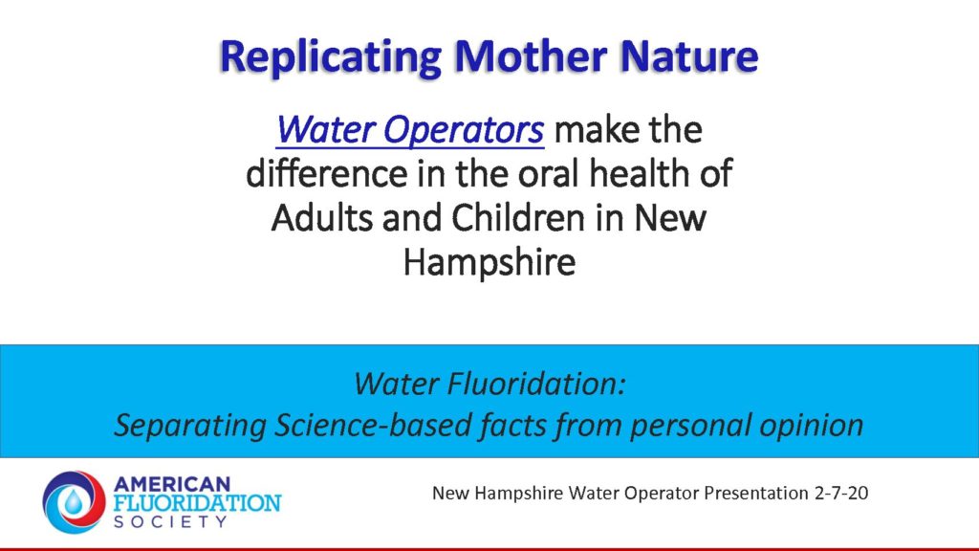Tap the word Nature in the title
(x=688, y=55)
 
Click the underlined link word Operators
(x=463, y=130)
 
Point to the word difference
(x=327, y=173)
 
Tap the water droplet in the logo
(x=74, y=501)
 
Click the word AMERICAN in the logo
(x=172, y=484)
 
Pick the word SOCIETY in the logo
(x=170, y=521)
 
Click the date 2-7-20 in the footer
(x=841, y=493)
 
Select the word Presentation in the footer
(x=756, y=493)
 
